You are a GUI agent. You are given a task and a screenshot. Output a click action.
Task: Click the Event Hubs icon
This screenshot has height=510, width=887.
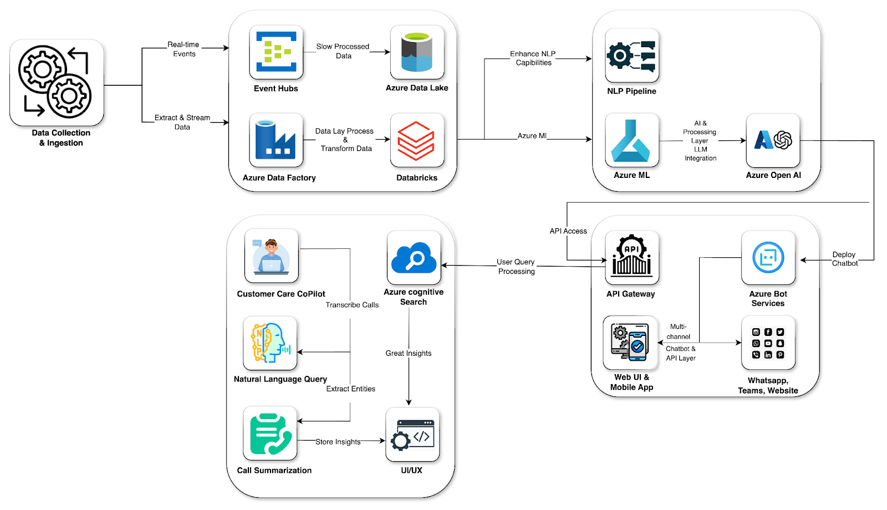click(x=276, y=52)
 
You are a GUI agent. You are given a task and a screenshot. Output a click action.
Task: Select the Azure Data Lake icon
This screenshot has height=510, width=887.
click(x=417, y=52)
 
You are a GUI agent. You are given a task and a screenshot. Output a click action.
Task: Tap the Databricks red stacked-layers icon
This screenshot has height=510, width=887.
click(x=417, y=140)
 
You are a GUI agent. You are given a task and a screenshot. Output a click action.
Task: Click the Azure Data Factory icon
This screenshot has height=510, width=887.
click(x=276, y=140)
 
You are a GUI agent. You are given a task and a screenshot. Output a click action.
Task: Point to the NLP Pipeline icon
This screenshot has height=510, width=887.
click(x=632, y=55)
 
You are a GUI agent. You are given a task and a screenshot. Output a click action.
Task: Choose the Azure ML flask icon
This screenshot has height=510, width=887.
click(x=632, y=140)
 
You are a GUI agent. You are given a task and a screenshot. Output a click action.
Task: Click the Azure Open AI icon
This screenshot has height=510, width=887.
click(x=773, y=140)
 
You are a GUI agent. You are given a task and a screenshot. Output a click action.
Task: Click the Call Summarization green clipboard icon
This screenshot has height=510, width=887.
click(x=270, y=433)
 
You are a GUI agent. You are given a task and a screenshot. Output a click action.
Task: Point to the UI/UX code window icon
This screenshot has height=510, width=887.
click(x=412, y=435)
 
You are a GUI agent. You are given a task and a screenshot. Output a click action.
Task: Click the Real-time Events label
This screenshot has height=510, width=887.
click(x=184, y=49)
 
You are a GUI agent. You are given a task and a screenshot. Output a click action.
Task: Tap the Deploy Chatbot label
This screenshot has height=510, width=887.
click(x=844, y=259)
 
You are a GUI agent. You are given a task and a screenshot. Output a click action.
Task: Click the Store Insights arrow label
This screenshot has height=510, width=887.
click(x=338, y=442)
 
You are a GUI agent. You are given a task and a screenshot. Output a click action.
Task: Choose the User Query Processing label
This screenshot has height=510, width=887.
click(x=516, y=267)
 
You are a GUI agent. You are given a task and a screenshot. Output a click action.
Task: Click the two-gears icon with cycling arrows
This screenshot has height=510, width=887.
click(x=57, y=82)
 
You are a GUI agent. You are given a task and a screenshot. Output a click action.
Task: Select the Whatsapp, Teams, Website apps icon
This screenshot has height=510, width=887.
click(x=768, y=343)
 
